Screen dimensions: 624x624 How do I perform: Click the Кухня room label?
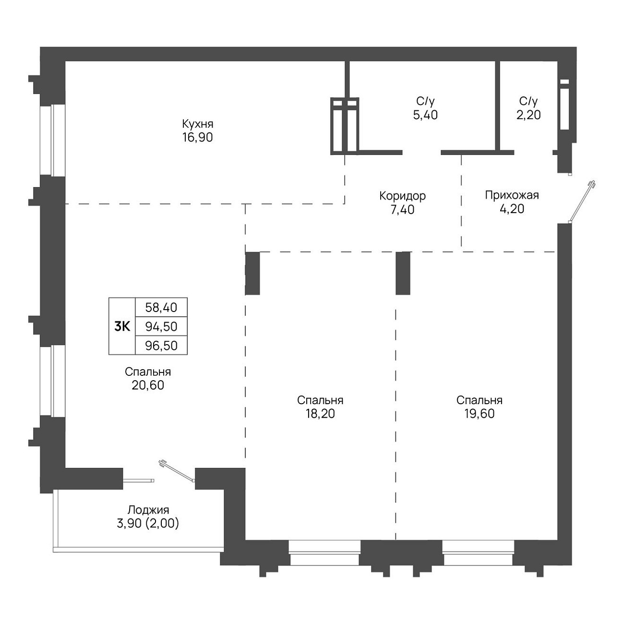click(x=198, y=124)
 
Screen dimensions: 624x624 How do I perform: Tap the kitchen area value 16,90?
click(x=198, y=138)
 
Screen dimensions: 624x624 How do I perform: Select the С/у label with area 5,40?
click(x=425, y=101)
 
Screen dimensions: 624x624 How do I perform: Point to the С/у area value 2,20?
click(x=528, y=115)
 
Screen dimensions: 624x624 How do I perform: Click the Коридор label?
click(x=403, y=196)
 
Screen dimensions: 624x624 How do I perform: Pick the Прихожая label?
click(x=512, y=195)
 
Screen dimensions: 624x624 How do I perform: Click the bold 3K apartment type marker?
click(x=122, y=327)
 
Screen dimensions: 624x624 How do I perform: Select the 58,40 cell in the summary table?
click(x=161, y=307)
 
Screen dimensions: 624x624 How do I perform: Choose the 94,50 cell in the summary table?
click(x=161, y=326)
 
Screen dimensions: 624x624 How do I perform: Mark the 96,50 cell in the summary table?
click(x=161, y=346)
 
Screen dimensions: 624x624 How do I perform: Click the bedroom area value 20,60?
click(x=148, y=385)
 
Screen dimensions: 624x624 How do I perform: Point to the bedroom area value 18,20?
click(x=320, y=413)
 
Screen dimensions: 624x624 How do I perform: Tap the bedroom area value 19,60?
click(x=480, y=413)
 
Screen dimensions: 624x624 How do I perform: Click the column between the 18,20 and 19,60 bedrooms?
click(x=403, y=273)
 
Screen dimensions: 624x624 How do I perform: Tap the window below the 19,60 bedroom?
click(x=478, y=557)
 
